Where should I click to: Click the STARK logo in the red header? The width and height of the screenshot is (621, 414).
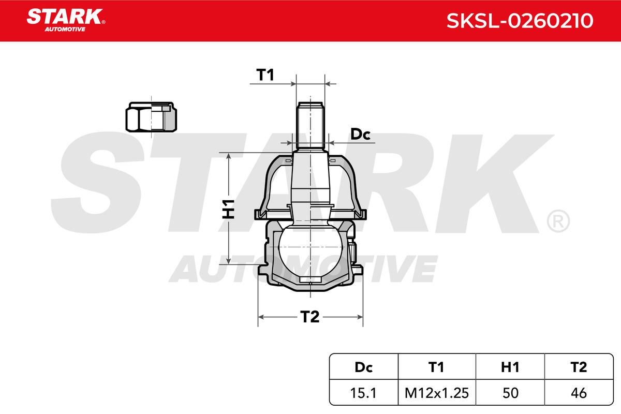(x=65, y=17)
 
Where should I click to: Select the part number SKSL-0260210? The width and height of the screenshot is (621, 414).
(x=520, y=21)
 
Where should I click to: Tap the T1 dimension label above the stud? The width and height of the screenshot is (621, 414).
(x=265, y=76)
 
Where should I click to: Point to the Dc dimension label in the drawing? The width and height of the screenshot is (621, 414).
(x=361, y=135)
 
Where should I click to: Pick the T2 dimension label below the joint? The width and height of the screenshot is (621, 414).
(x=309, y=317)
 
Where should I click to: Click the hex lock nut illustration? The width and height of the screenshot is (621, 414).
(x=151, y=116)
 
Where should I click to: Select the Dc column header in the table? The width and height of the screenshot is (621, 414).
(x=363, y=367)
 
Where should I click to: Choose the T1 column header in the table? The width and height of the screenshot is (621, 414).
(x=436, y=367)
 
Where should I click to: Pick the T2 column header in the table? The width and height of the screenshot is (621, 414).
(x=578, y=367)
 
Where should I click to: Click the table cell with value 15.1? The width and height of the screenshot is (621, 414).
(x=363, y=393)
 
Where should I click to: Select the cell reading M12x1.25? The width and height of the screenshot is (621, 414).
(x=436, y=393)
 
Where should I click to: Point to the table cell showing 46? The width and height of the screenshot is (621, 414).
(x=578, y=393)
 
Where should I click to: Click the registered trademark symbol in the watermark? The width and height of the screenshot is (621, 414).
(x=558, y=221)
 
